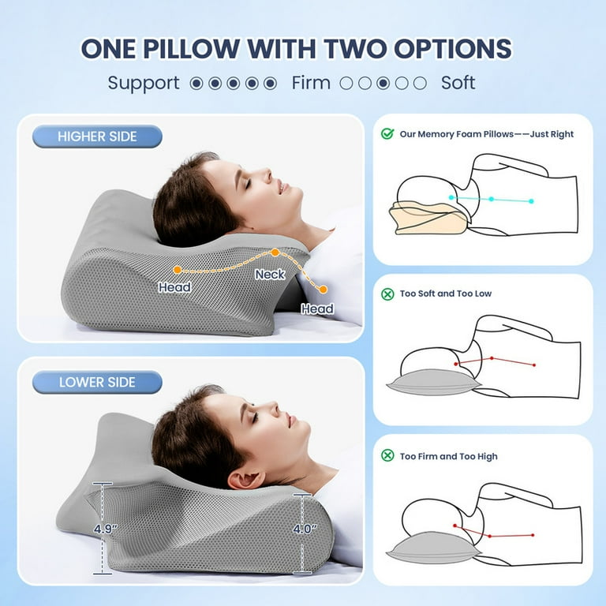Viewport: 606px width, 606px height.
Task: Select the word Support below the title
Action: pos(144,83)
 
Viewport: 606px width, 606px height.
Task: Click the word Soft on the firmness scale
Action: pos(458,83)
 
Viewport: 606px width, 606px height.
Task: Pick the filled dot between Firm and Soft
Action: pos(383,83)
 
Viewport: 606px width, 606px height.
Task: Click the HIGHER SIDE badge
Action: pos(97,137)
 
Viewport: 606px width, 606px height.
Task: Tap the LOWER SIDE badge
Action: pos(97,382)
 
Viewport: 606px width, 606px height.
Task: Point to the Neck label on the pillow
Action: pos(270,275)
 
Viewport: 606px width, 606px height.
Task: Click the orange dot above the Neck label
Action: pos(275,252)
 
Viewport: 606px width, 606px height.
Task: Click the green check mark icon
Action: pos(387,133)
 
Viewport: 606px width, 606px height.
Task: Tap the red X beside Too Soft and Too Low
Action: pos(387,294)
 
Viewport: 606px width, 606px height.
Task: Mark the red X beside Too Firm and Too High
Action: pos(387,455)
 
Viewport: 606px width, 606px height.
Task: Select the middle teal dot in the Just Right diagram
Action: pos(491,199)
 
